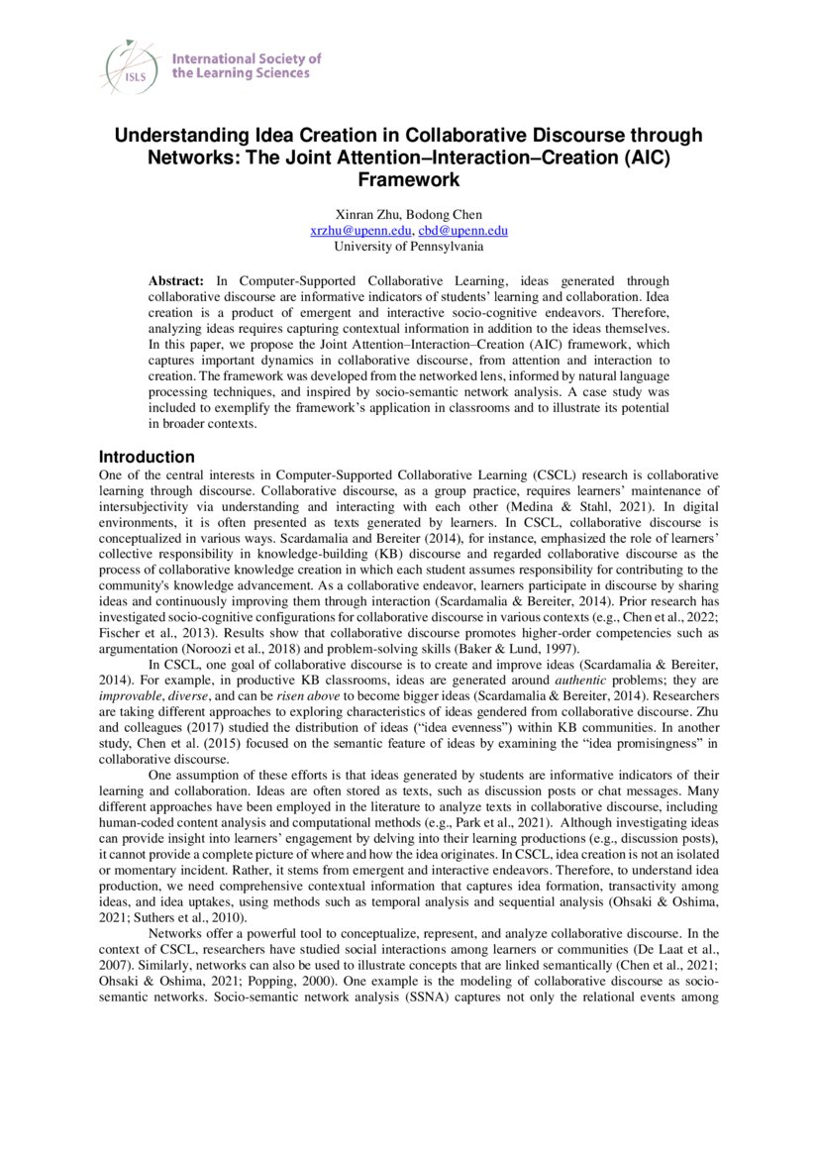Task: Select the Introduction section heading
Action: click(x=147, y=457)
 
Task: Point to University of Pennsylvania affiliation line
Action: click(x=408, y=246)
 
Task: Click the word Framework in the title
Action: click(x=408, y=179)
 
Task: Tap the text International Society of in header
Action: click(x=247, y=58)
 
